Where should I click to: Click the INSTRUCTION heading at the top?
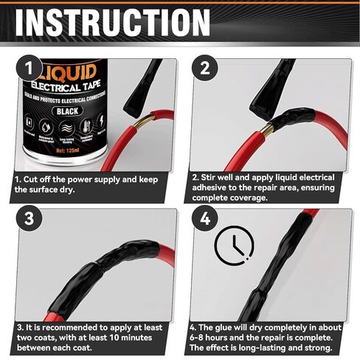tap(113, 22)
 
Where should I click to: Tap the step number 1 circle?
tap(29, 69)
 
